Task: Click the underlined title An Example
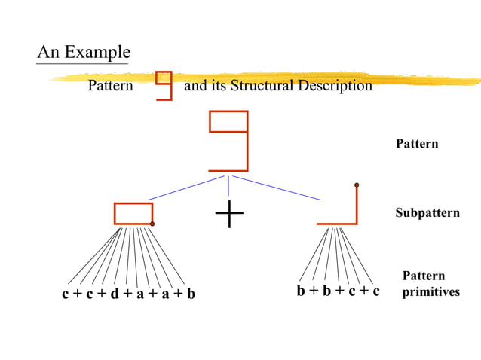[83, 53]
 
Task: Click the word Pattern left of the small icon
[110, 86]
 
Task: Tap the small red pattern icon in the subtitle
[164, 84]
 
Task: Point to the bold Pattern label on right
[417, 144]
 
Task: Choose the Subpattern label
[427, 213]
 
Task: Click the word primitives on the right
[430, 291]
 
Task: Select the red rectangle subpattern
[133, 213]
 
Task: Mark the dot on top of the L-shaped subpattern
[357, 185]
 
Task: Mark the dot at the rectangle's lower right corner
[152, 224]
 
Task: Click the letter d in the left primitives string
[115, 294]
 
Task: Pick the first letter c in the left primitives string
[66, 294]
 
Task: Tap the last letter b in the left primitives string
[191, 294]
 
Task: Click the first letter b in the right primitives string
[301, 291]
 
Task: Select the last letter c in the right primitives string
[375, 291]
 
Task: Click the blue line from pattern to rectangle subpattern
[185, 188]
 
